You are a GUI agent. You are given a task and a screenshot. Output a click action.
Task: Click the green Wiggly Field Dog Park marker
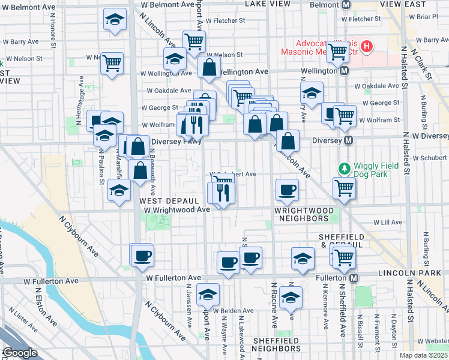[345, 168]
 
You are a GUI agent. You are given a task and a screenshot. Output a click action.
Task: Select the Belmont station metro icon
[346, 4]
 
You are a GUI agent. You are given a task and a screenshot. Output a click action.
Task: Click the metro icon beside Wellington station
[344, 71]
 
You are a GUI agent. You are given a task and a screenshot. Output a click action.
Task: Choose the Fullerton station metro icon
[354, 278]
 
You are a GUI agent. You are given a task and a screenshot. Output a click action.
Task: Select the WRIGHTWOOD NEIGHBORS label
[304, 215]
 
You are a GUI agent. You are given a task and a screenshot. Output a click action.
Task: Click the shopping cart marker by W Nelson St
[112, 62]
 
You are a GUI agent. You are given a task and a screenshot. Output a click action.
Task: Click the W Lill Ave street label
[387, 222]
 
